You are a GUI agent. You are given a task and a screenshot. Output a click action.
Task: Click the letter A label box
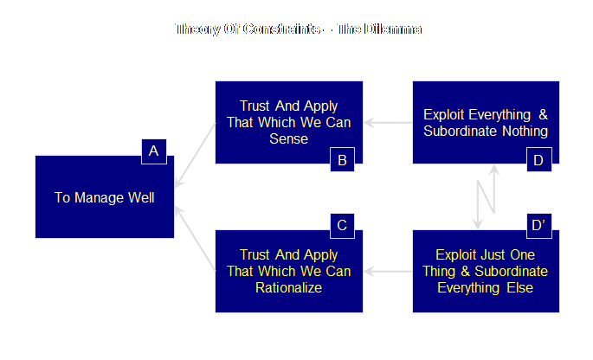click(x=153, y=152)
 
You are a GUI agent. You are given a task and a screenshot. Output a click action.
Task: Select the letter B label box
click(x=342, y=159)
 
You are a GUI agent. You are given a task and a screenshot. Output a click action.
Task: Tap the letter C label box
click(x=342, y=226)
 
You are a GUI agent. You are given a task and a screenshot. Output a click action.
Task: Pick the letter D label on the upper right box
click(x=538, y=159)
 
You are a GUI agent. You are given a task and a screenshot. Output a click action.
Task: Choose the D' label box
click(x=538, y=226)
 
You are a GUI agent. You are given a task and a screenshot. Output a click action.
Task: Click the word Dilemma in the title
click(x=393, y=29)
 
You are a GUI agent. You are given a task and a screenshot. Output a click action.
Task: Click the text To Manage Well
click(x=104, y=197)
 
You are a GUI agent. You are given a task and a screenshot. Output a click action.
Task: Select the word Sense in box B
click(x=288, y=138)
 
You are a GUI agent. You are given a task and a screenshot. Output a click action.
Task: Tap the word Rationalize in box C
click(x=288, y=288)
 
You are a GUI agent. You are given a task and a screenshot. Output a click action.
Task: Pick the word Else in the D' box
click(x=519, y=288)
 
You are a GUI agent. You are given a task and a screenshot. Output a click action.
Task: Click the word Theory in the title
click(x=196, y=29)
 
